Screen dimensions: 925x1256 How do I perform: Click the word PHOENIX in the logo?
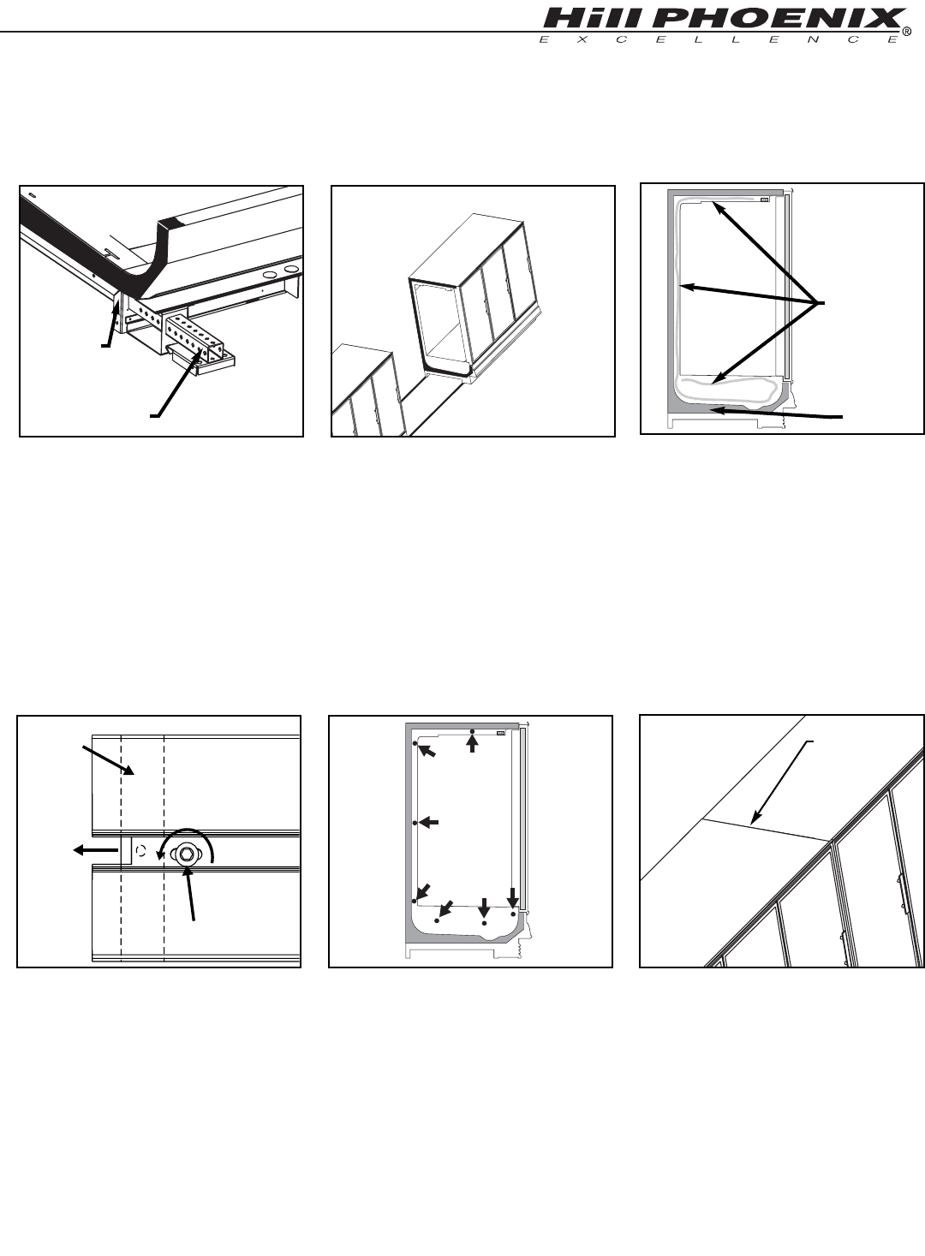pyautogui.click(x=783, y=19)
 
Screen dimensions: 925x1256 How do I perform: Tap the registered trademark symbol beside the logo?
pyautogui.click(x=908, y=33)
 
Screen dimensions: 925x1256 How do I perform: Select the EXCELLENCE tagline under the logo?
pyautogui.click(x=719, y=39)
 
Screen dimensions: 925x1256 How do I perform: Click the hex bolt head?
pyautogui.click(x=186, y=854)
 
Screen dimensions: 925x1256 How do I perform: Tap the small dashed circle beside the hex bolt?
pyautogui.click(x=140, y=851)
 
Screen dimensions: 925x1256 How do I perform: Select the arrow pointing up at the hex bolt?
pyautogui.click(x=191, y=893)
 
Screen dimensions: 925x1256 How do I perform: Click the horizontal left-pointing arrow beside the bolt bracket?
pyautogui.click(x=95, y=850)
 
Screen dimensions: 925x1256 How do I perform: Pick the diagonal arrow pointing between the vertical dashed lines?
pyautogui.click(x=109, y=759)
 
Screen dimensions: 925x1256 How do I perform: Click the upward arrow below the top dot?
pyautogui.click(x=473, y=744)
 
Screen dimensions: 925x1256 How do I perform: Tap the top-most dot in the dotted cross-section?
pyautogui.click(x=472, y=731)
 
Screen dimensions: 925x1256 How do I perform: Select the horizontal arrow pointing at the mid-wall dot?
pyautogui.click(x=428, y=823)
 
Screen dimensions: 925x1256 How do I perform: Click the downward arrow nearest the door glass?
pyautogui.click(x=513, y=896)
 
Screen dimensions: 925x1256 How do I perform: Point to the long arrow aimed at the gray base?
pyautogui.click(x=776, y=414)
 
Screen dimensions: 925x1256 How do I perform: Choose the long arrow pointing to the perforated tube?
pyautogui.click(x=176, y=380)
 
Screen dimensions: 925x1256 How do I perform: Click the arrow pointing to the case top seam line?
pyautogui.click(x=782, y=783)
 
